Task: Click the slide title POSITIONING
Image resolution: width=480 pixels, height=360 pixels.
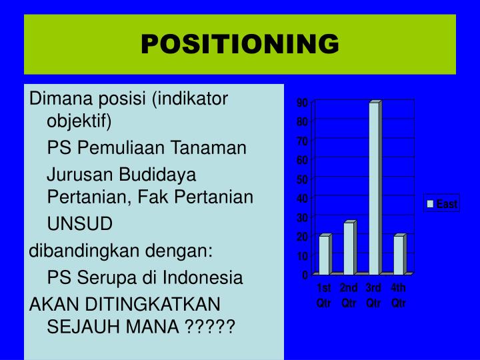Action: pyautogui.click(x=240, y=44)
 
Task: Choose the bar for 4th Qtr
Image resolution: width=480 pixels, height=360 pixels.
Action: pyautogui.click(x=400, y=254)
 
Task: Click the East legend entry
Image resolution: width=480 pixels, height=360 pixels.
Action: pyautogui.click(x=442, y=203)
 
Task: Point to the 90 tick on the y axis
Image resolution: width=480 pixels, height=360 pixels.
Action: pyautogui.click(x=302, y=103)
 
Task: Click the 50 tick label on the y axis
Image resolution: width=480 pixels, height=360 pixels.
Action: pyautogui.click(x=302, y=179)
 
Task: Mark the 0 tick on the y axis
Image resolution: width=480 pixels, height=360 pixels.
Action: pyautogui.click(x=305, y=275)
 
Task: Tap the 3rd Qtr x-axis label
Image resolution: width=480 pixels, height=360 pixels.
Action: pyautogui.click(x=373, y=295)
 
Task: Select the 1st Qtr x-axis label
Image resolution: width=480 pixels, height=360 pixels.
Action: pyautogui.click(x=324, y=295)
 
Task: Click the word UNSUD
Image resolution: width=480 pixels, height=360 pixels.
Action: pyautogui.click(x=80, y=223)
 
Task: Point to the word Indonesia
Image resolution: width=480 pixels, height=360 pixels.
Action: pyautogui.click(x=203, y=277)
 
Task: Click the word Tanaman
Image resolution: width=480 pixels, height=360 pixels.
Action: pyautogui.click(x=208, y=147)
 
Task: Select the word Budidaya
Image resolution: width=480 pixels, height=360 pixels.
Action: pyautogui.click(x=157, y=175)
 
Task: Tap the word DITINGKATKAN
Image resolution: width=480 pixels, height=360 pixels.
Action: pyautogui.click(x=153, y=304)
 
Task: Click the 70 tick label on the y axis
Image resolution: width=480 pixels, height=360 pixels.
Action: pyautogui.click(x=302, y=141)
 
